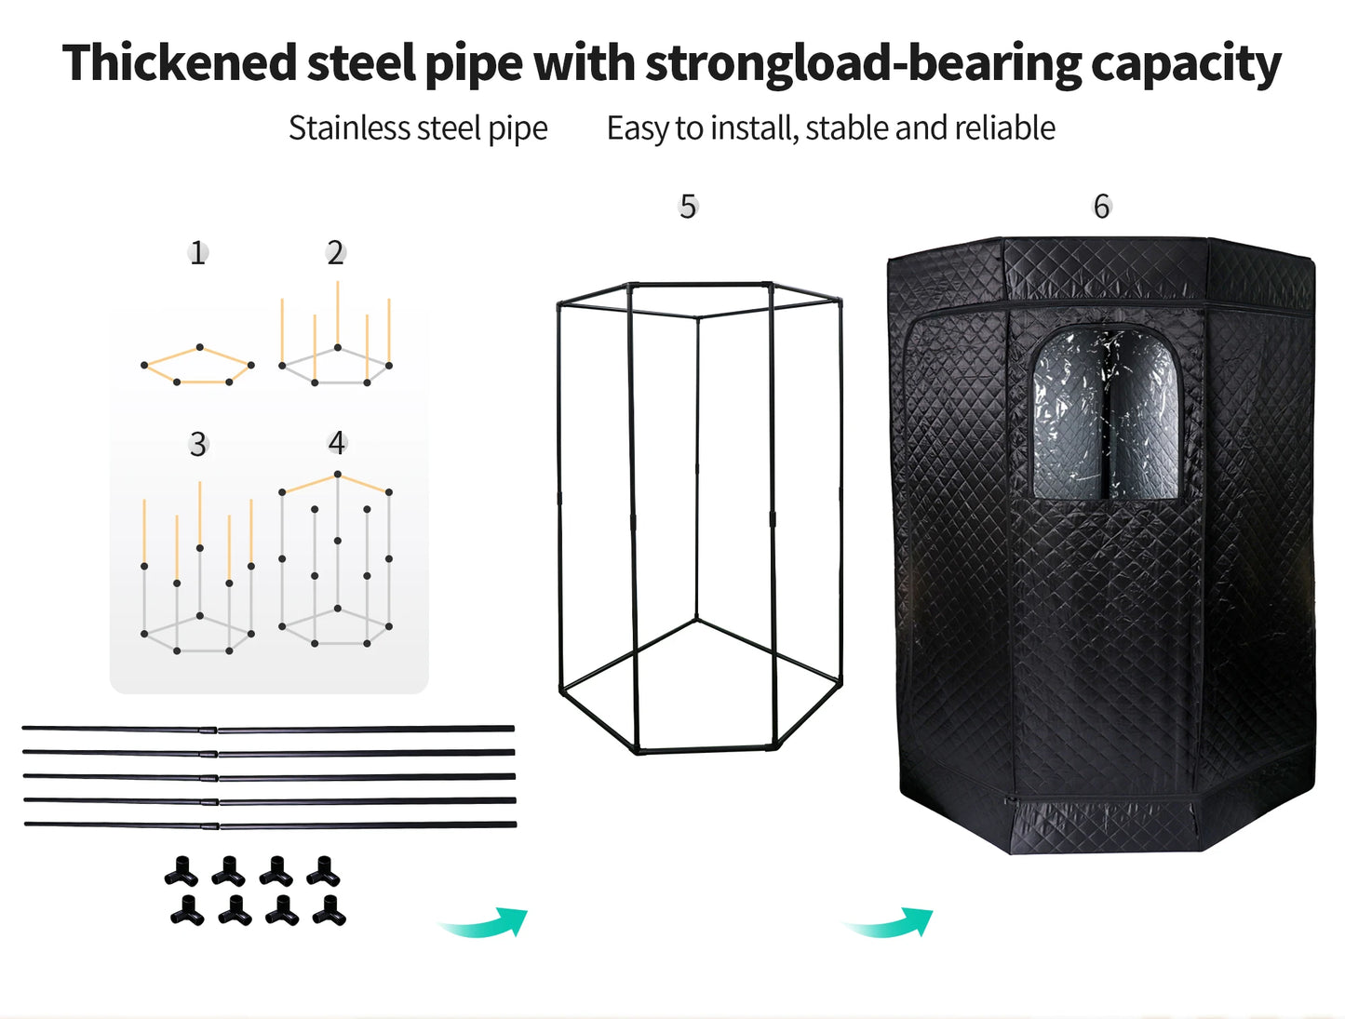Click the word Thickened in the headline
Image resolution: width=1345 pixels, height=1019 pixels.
(x=180, y=63)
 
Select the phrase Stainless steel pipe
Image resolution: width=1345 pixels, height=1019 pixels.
(x=418, y=128)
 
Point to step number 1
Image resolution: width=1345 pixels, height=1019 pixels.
(x=197, y=253)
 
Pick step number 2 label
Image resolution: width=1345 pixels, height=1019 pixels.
(x=335, y=252)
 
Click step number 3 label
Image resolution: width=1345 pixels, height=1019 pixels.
(x=198, y=444)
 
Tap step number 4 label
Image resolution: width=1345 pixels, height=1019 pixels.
(x=337, y=443)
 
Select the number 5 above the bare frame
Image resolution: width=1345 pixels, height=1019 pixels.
(x=688, y=207)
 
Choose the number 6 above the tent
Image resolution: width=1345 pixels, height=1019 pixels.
(x=1102, y=207)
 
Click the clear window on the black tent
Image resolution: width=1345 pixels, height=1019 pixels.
(x=1106, y=415)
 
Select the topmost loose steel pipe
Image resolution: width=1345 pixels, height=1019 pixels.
(x=268, y=729)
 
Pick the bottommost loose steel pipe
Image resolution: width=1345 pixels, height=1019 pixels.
(x=270, y=825)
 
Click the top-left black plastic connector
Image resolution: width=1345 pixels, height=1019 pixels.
(x=182, y=871)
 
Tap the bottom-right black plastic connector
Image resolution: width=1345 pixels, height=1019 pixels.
(x=330, y=910)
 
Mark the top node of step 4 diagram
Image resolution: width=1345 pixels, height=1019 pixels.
(x=338, y=474)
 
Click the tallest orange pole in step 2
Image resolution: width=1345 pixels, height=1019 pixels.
(x=338, y=313)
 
